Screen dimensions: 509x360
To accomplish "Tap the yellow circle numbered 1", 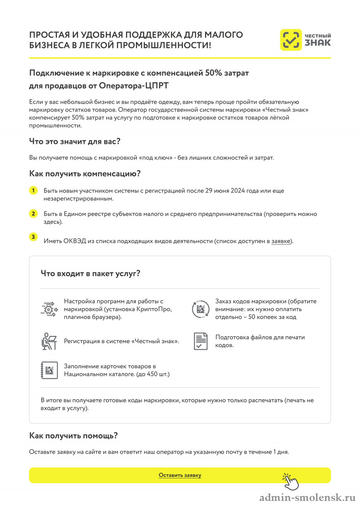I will pyautogui.click(x=33, y=191).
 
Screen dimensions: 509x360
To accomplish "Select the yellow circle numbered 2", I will pyautogui.click(x=33, y=214).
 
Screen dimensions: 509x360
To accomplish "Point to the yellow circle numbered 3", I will pyautogui.click(x=33, y=237).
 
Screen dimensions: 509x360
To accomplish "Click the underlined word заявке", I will pyautogui.click(x=281, y=241).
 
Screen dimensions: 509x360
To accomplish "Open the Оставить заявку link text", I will pyautogui.click(x=180, y=475).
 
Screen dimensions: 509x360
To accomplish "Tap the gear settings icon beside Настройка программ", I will pyautogui.click(x=48, y=308).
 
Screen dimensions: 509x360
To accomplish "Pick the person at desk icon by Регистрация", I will pyautogui.click(x=48, y=341).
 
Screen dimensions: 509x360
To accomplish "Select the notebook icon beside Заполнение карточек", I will pyautogui.click(x=48, y=370).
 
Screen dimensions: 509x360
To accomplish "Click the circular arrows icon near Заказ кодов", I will pyautogui.click(x=201, y=309).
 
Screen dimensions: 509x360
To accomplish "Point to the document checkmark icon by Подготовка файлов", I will pyautogui.click(x=201, y=341).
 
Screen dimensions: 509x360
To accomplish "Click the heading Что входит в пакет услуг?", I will pyautogui.click(x=90, y=273).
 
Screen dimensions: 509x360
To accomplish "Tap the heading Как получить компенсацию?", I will pyautogui.click(x=85, y=173).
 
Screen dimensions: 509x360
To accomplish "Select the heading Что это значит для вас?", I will pyautogui.click(x=75, y=141).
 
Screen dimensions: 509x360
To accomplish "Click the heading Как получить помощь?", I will pyautogui.click(x=73, y=435).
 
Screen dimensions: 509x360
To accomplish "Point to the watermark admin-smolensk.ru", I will pyautogui.click(x=308, y=498).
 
